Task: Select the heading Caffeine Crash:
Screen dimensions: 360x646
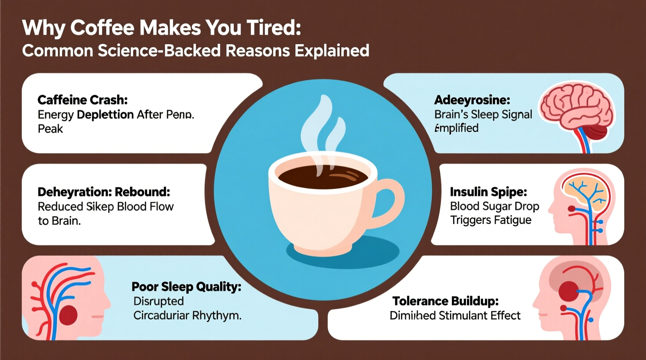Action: pyautogui.click(x=83, y=100)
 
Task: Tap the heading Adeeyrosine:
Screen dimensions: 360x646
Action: pyautogui.click(x=472, y=100)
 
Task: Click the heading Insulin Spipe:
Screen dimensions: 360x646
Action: pyautogui.click(x=488, y=192)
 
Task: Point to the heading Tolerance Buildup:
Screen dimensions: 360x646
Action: pyautogui.click(x=445, y=301)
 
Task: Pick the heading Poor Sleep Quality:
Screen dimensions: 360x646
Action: pyautogui.click(x=186, y=287)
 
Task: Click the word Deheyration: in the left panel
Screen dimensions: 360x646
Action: pyautogui.click(x=74, y=192)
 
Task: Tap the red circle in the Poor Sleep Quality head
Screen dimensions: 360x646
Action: pyautogui.click(x=68, y=315)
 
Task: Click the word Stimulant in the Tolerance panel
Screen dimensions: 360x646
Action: pyautogui.click(x=462, y=316)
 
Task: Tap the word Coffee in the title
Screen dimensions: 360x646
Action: pyautogui.click(x=102, y=28)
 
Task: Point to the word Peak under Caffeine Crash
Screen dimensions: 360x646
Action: pyautogui.click(x=50, y=129)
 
